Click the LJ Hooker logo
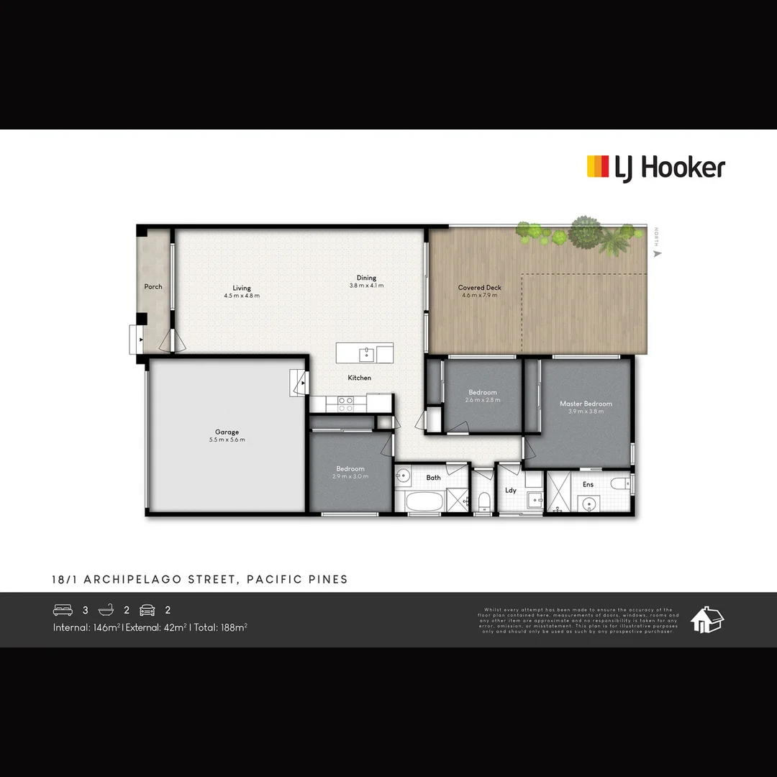656,168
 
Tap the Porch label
153,286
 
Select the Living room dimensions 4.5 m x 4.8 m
242,296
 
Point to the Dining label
366,278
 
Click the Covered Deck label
480,287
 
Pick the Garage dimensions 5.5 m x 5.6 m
227,440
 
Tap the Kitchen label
360,378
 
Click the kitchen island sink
366,353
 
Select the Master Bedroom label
586,404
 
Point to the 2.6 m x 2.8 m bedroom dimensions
483,400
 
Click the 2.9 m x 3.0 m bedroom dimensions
350,476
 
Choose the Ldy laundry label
511,491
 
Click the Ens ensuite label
589,484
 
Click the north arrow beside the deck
656,253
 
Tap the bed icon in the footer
63,610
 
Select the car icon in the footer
147,610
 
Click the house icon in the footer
706,619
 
